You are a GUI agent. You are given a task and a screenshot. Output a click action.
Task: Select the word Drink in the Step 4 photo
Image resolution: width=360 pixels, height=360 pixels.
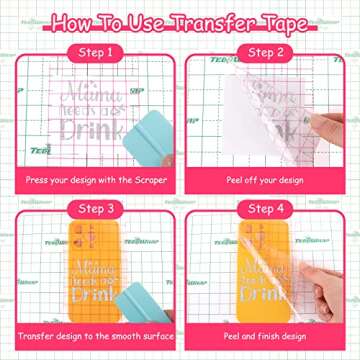pos(250,290)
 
